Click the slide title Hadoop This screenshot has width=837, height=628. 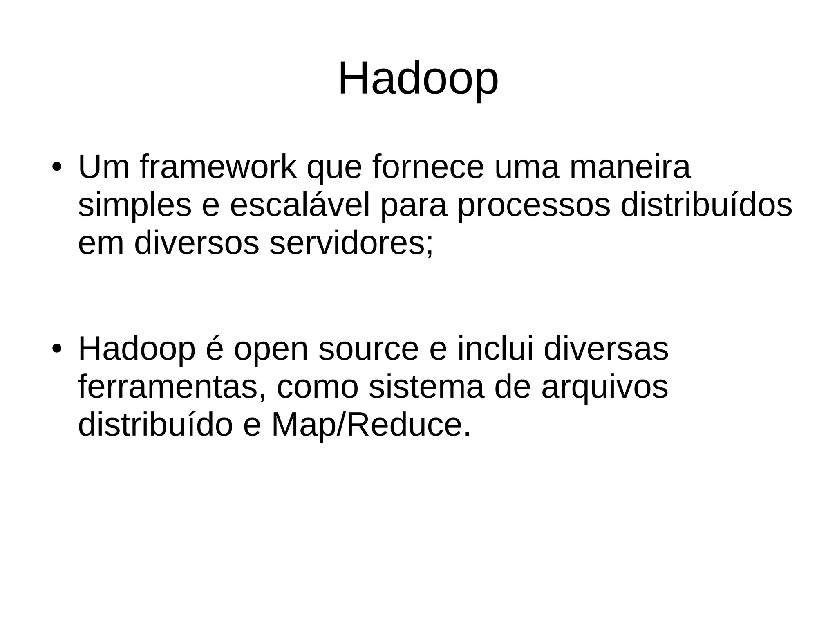click(418, 79)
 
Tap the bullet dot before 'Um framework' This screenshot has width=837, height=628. click(57, 168)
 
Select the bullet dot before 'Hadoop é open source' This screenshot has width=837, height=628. click(57, 350)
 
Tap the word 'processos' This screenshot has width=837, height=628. click(533, 206)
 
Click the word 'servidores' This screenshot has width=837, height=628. click(351, 243)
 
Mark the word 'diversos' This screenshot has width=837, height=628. click(197, 243)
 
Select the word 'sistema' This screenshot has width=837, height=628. click(426, 387)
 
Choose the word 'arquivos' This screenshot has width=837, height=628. click(604, 388)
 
